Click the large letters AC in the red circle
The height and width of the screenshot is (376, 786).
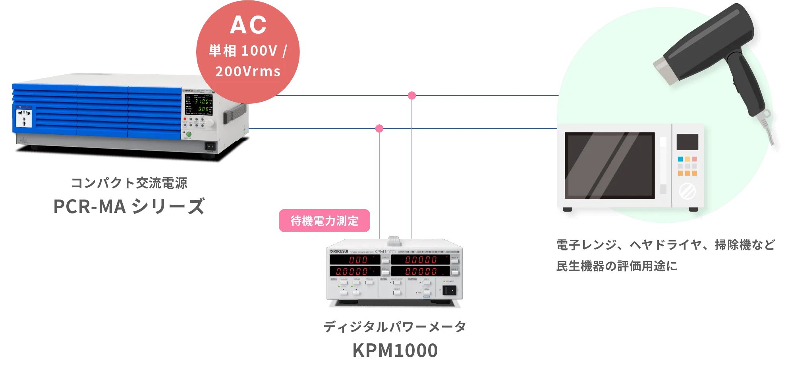[x=248, y=25]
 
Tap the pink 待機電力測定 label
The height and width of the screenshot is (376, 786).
[x=324, y=221]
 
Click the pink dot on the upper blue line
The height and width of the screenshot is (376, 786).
[x=412, y=95]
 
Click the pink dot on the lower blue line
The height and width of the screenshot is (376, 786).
[x=379, y=129]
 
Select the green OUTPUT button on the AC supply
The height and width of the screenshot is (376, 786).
[x=189, y=135]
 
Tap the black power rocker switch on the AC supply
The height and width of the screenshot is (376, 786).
[x=210, y=146]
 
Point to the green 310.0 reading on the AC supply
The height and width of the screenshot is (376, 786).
[x=201, y=101]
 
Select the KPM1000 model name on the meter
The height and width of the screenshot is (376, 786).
[x=383, y=252]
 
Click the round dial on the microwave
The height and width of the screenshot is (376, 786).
[x=687, y=192]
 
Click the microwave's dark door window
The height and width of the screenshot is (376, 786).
[x=609, y=165]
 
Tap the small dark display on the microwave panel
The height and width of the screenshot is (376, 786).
[x=687, y=142]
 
